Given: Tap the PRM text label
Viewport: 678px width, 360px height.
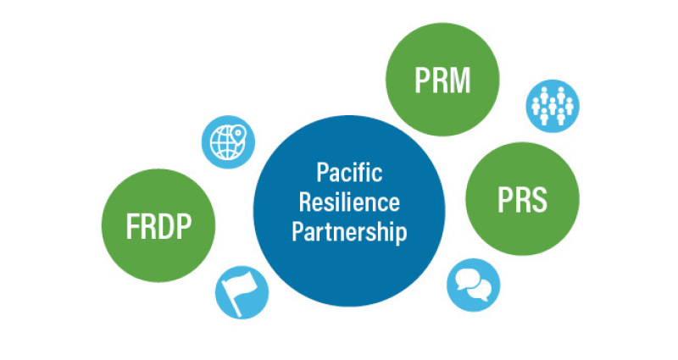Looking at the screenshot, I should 442,81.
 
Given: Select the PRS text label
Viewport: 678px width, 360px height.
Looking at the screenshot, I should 521,202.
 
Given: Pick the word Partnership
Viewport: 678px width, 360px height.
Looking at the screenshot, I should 349,232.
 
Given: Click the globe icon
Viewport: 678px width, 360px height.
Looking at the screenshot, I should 226,140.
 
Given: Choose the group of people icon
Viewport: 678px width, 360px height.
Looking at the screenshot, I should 552,105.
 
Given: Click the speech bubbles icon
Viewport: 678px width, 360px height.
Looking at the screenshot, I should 473,284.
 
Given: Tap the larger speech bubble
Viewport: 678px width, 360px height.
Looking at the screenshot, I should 468,279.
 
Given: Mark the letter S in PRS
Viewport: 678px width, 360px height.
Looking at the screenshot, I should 539,202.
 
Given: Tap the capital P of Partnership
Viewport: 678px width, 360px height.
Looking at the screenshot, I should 297,232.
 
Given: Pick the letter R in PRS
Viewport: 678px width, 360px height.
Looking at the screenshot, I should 520,202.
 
